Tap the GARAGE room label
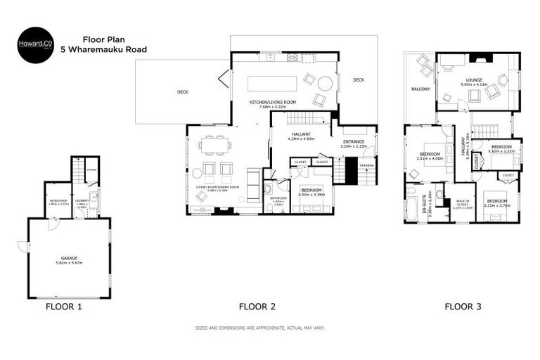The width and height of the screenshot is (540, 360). click(69, 259)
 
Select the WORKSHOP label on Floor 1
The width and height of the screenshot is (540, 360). click(58, 201)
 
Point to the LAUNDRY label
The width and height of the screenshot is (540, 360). click(81, 201)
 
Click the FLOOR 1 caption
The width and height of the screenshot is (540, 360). click(64, 307)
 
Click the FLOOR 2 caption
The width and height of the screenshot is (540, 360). click(257, 307)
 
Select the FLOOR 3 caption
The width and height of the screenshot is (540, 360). click(463, 307)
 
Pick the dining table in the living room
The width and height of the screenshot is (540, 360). click(214, 146)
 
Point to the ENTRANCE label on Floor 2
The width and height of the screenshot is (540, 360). click(354, 142)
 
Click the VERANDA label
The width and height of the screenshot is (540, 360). click(367, 165)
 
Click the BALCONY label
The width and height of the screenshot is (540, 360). click(420, 89)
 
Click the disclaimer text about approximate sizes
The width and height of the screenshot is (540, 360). click(259, 328)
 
